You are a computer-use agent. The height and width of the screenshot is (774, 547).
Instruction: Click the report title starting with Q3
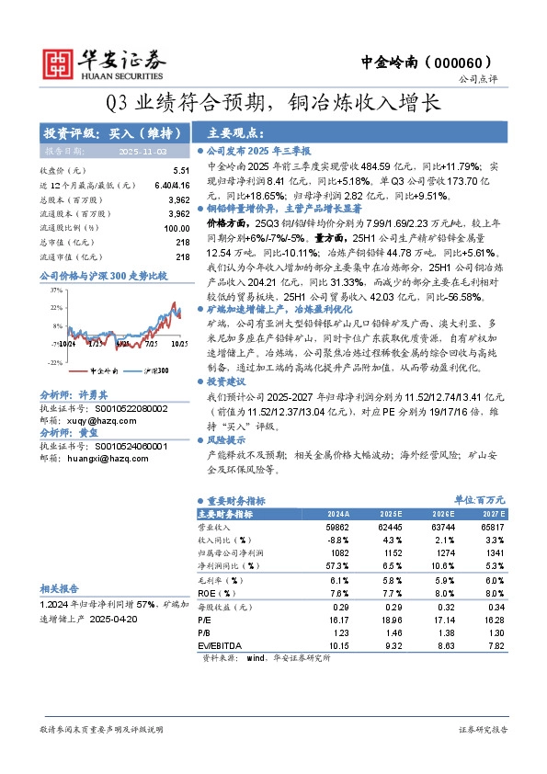pos(273,102)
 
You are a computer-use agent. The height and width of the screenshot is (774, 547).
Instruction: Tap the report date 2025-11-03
pos(142,150)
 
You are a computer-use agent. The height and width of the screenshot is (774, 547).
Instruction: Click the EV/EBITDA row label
pos(216,646)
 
